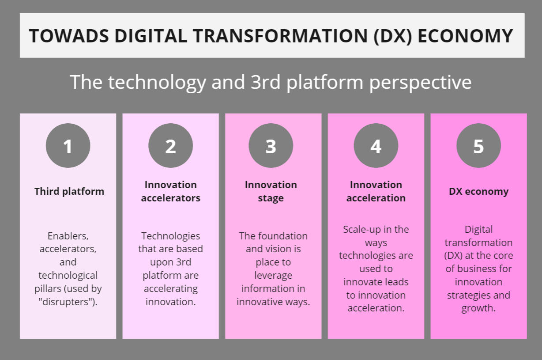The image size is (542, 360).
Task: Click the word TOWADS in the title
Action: click(69, 36)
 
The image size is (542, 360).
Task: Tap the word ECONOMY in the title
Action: click(465, 36)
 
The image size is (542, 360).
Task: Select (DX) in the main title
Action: click(393, 36)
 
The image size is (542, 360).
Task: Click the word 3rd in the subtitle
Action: click(265, 82)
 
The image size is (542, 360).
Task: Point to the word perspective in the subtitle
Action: click(420, 83)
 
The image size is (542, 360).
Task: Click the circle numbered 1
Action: click(68, 145)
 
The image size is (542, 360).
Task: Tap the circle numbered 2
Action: click(170, 145)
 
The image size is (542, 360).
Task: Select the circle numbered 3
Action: click(271, 145)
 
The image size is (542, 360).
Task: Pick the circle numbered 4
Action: click(376, 145)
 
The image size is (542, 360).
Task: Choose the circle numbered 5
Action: click(478, 145)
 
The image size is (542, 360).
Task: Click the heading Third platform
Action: click(69, 192)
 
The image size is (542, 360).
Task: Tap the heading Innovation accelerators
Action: click(170, 192)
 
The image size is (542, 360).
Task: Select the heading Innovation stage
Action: click(271, 192)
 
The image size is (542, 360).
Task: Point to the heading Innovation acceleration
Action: click(376, 192)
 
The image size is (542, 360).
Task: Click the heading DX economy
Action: click(478, 192)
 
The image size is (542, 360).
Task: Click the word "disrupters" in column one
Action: click(68, 302)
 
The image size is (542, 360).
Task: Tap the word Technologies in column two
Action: click(170, 236)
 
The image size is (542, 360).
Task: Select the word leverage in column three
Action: click(273, 276)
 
